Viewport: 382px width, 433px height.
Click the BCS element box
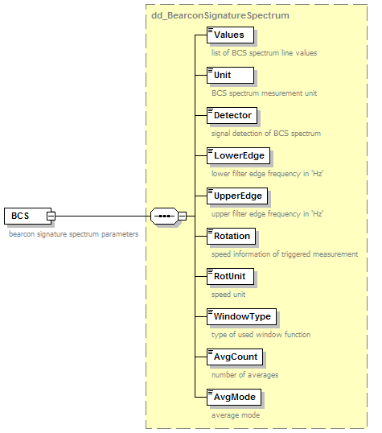[x=27, y=216]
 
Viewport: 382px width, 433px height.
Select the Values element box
[x=230, y=35]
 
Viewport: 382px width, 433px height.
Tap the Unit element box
[x=230, y=75]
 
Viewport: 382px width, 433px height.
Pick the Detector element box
[x=232, y=115]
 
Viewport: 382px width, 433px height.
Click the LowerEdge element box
[x=238, y=156]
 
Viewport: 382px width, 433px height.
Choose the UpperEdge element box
[x=237, y=196]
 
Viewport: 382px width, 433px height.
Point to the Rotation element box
[x=231, y=236]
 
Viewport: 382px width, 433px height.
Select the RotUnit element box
[x=230, y=276]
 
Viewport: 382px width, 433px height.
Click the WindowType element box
[x=241, y=317]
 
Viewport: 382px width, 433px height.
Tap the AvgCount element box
[x=235, y=357]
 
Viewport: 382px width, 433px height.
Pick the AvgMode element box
[x=234, y=398]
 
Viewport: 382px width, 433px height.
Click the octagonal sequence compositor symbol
[x=165, y=216]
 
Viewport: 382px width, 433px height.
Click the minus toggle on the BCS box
[x=51, y=216]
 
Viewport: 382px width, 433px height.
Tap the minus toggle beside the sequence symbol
[x=183, y=216]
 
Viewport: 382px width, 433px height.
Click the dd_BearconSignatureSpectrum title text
[x=220, y=15]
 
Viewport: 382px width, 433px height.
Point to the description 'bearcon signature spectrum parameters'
[x=74, y=234]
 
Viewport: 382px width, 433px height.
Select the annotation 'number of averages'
[x=244, y=375]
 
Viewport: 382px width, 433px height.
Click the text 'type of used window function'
[x=261, y=335]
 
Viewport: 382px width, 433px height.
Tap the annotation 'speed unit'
[x=228, y=295]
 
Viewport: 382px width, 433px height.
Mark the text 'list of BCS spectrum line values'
[x=264, y=53]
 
